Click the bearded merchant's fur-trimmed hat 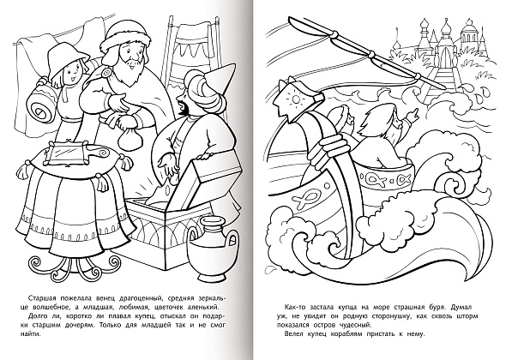[x=127, y=40]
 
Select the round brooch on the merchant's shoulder [x=105, y=74]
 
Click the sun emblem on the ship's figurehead [x=296, y=99]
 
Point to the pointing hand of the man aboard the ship [x=413, y=115]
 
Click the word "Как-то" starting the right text [x=295, y=307]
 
